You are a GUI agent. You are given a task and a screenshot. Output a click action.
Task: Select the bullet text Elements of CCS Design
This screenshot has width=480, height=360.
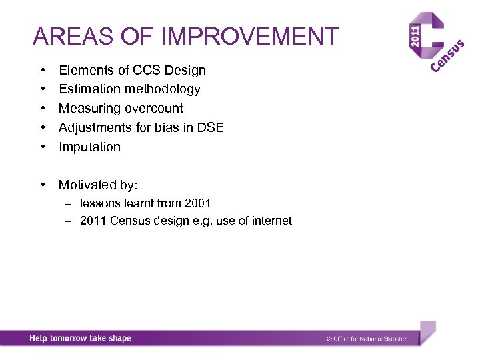click(x=132, y=70)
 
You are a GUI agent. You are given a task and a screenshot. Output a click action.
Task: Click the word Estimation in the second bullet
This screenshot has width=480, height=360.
click(x=88, y=89)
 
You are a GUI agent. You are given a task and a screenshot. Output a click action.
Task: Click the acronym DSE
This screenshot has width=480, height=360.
click(x=210, y=127)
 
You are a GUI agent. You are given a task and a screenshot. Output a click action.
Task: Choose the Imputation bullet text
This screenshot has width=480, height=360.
click(x=89, y=147)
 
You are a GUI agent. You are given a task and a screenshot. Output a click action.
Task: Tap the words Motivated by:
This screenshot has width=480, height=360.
click(x=98, y=185)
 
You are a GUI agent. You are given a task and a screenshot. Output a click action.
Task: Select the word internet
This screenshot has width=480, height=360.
click(x=271, y=221)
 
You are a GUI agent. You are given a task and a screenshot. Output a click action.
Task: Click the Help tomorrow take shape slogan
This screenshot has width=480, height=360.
click(x=80, y=338)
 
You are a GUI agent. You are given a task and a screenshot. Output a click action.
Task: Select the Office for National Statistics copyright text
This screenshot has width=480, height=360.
click(x=366, y=339)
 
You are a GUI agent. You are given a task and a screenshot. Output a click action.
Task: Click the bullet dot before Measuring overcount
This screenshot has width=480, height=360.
click(x=42, y=108)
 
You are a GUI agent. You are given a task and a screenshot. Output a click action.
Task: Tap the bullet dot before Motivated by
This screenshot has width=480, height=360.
click(x=42, y=185)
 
